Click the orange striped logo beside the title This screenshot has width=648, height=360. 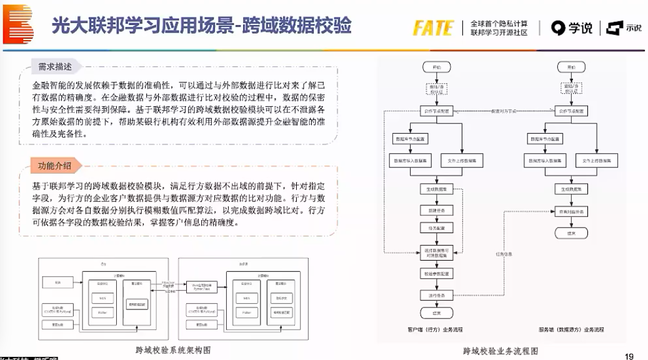(x=17, y=24)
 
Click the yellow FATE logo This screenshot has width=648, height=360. (x=432, y=27)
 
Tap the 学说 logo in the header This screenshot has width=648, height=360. (x=572, y=27)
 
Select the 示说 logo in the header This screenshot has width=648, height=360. (x=616, y=28)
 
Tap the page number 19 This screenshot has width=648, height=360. (x=629, y=356)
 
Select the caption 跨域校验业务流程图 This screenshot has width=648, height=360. (x=500, y=351)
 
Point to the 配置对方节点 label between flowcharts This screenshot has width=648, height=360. (x=504, y=111)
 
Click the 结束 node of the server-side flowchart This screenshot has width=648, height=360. (x=571, y=232)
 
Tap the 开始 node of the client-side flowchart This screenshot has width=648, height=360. (x=436, y=67)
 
